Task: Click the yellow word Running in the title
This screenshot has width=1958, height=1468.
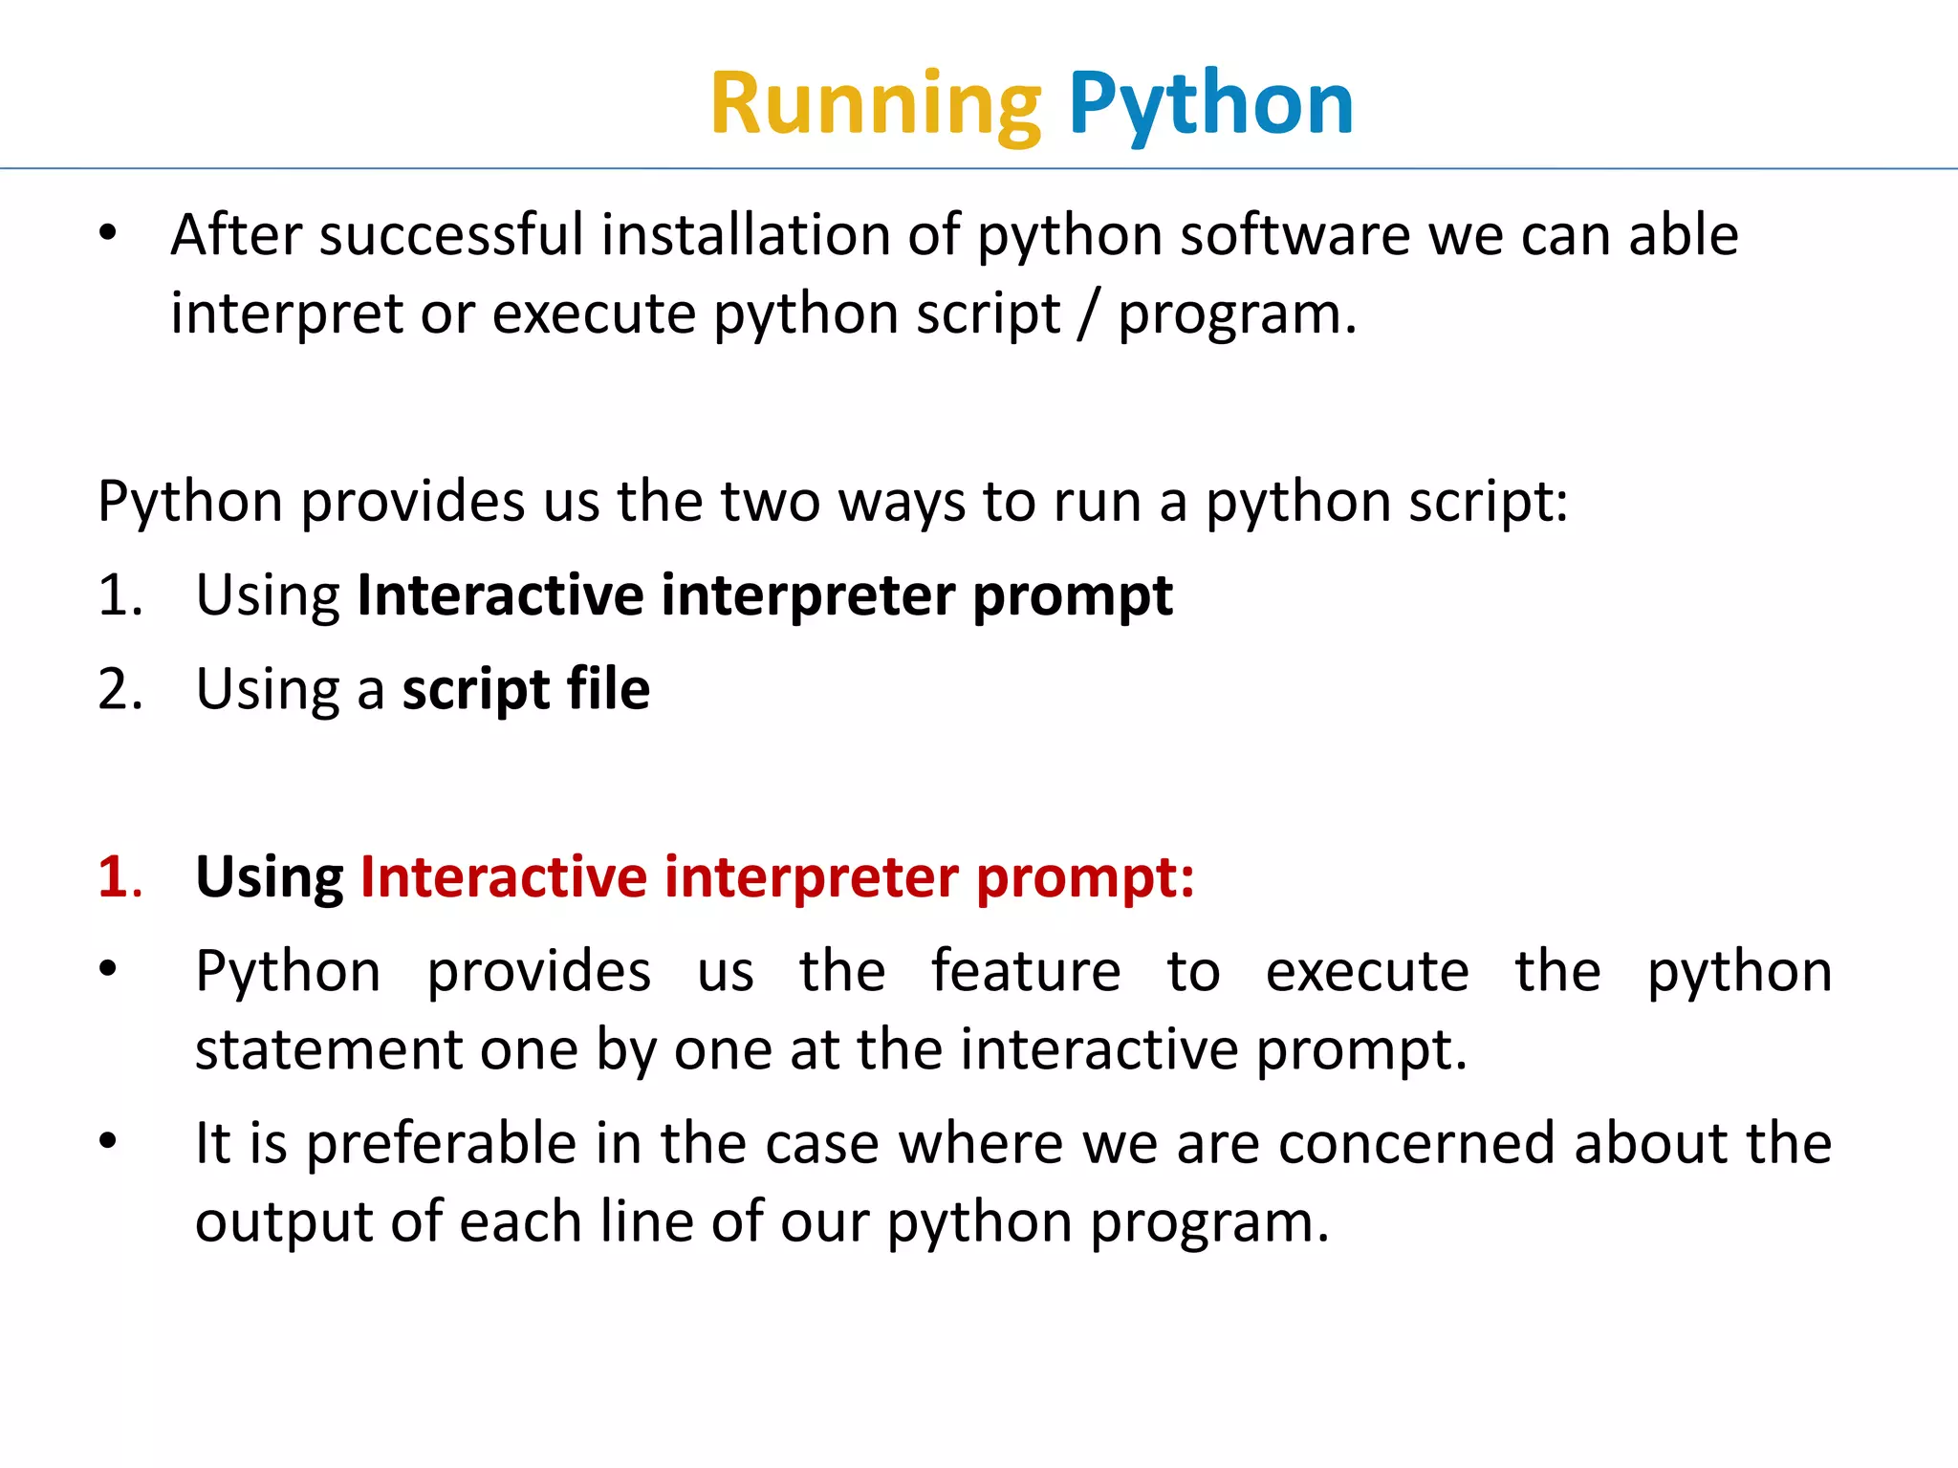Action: coord(875,105)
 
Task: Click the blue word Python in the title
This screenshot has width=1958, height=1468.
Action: coord(1210,105)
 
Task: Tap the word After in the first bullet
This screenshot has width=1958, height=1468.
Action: coord(235,235)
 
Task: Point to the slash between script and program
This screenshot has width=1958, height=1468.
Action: coord(1088,314)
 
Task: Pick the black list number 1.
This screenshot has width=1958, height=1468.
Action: coord(120,595)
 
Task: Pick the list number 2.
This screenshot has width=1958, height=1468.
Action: coord(120,689)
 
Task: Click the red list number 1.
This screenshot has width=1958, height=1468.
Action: coord(120,876)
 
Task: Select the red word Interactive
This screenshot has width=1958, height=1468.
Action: coord(503,876)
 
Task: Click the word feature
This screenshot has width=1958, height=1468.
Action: coord(1026,971)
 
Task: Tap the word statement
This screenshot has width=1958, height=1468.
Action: coord(328,1049)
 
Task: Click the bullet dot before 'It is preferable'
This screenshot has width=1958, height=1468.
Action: coord(108,1140)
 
